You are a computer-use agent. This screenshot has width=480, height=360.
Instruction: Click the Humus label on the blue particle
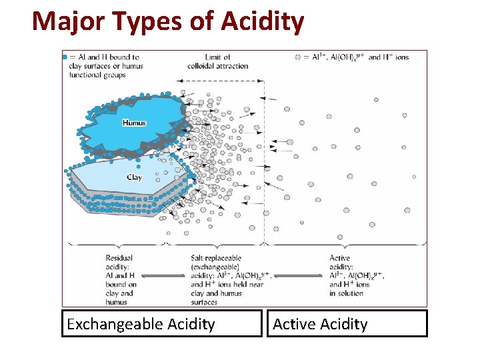(134, 123)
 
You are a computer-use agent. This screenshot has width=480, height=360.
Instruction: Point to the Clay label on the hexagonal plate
(134, 177)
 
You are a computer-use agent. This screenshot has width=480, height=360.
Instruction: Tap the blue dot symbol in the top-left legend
(65, 57)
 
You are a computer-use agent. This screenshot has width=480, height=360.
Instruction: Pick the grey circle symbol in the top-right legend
(297, 57)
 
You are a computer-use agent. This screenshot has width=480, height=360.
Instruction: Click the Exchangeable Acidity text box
(162, 324)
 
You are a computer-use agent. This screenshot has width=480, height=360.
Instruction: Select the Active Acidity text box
(347, 324)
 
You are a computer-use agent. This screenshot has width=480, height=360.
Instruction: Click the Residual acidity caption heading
(119, 262)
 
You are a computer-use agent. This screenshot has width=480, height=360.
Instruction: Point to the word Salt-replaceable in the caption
(216, 258)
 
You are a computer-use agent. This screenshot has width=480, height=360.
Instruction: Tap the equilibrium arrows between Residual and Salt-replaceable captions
(163, 275)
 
